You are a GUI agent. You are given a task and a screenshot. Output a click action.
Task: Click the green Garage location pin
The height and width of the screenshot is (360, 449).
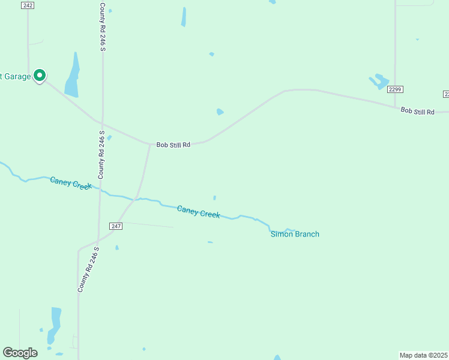click(x=40, y=76)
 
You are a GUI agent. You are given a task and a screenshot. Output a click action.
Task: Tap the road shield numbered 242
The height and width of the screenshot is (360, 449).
click(x=27, y=5)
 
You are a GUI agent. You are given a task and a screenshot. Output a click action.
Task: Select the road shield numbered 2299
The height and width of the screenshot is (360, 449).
click(x=394, y=89)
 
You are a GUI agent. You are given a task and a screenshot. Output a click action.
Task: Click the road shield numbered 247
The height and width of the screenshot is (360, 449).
click(x=116, y=226)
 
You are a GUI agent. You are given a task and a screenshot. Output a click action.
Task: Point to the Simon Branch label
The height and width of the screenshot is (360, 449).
click(x=295, y=234)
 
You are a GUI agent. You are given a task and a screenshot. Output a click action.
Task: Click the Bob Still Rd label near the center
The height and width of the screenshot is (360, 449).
click(x=173, y=145)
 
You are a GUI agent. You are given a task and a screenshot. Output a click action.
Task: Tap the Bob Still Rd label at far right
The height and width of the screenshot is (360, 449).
click(x=417, y=112)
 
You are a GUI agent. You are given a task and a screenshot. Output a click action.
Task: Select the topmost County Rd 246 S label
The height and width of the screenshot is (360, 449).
click(x=103, y=26)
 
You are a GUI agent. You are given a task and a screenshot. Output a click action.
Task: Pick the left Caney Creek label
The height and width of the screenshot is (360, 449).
click(x=71, y=182)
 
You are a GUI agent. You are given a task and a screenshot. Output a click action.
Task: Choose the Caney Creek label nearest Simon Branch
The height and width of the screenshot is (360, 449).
click(x=199, y=211)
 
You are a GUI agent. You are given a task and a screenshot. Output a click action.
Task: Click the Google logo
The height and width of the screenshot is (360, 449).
click(x=20, y=352)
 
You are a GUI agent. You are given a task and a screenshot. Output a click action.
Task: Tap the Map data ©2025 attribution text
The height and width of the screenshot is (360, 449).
click(x=423, y=355)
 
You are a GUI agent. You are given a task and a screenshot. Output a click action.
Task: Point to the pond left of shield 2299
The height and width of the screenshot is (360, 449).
click(x=378, y=81)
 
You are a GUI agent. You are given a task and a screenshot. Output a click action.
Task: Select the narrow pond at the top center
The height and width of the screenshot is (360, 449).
click(x=184, y=17)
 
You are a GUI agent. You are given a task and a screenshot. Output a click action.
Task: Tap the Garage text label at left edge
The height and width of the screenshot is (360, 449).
click(x=15, y=76)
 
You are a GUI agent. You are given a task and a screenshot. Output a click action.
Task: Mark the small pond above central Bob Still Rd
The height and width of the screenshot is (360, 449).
click(x=220, y=112)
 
